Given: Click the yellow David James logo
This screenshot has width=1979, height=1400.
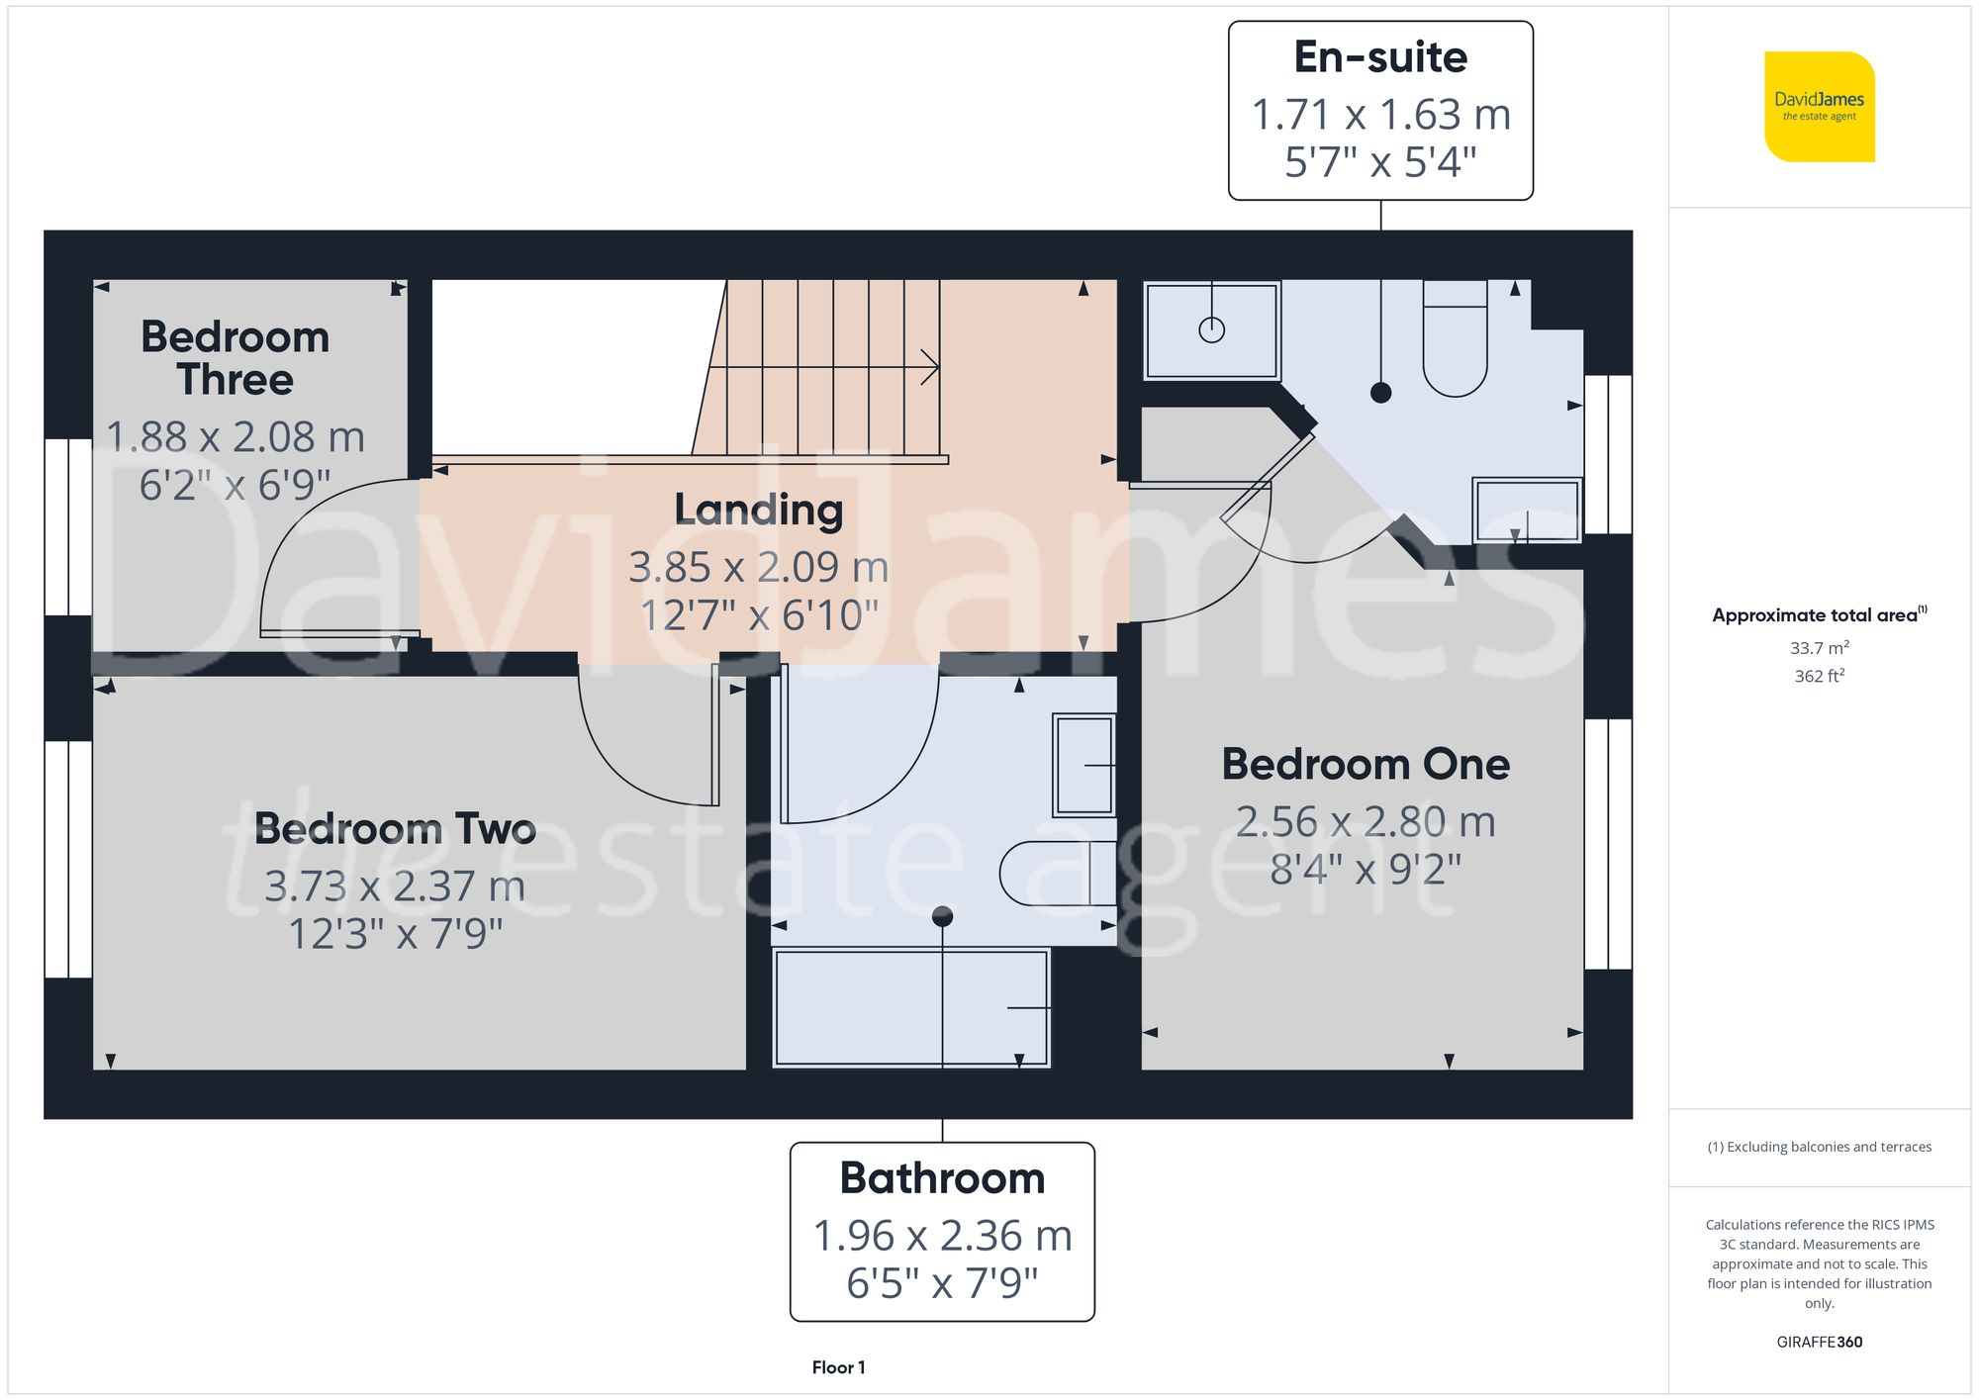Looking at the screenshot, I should point(1819,107).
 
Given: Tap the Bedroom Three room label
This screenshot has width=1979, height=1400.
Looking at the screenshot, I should point(236,358).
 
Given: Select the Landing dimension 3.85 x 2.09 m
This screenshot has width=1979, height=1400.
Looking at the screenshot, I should point(758,567).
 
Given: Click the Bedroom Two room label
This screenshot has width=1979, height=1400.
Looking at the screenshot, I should point(395,828).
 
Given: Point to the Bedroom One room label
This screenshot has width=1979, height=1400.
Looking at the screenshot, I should point(1366,764).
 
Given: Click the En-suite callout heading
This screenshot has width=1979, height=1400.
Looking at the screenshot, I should point(1380,57).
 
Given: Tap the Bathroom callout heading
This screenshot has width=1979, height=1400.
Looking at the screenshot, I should point(942,1178).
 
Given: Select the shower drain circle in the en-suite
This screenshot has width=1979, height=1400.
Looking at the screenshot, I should point(1211,330).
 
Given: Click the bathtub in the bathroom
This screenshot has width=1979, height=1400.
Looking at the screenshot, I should point(910,1008).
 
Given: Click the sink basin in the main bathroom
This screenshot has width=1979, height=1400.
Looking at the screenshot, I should point(1084,765).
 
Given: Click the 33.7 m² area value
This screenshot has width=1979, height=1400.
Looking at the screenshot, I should point(1819,648).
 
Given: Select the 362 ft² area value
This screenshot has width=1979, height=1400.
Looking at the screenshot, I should point(1819,676).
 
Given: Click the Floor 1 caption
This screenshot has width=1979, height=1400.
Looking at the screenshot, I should point(838,1367).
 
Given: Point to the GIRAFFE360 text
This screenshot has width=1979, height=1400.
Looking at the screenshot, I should point(1819,1343).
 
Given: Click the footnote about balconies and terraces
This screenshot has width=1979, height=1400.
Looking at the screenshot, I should point(1819,1147).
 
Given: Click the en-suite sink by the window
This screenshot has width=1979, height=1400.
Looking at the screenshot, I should point(1526,511).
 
